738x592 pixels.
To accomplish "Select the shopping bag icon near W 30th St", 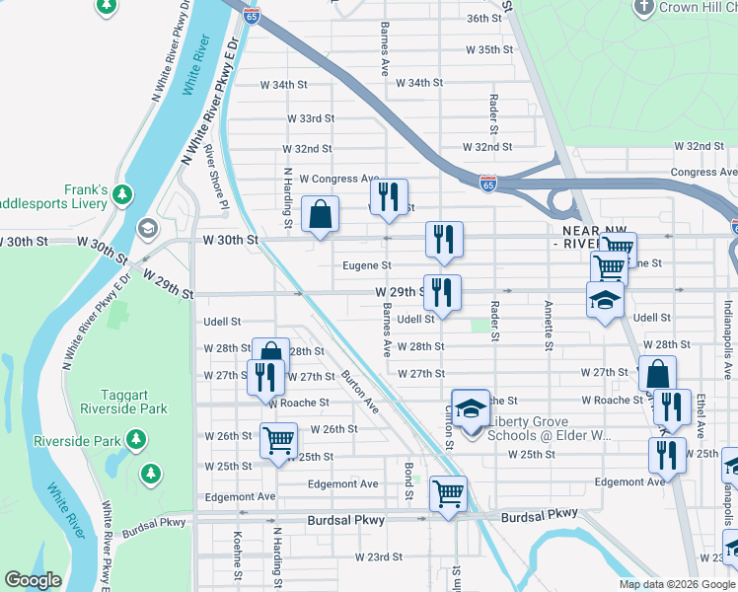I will pos(321,215).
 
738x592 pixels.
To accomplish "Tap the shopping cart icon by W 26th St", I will pos(278,440).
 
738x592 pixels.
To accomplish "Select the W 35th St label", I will pos(489,48).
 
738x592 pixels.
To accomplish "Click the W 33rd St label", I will pos(311,118).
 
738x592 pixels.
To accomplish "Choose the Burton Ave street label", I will pos(359,391).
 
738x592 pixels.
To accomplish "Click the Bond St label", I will pos(406,473).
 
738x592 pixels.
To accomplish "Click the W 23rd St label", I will pos(379,556).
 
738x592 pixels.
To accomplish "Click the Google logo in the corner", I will pos(34,580).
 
